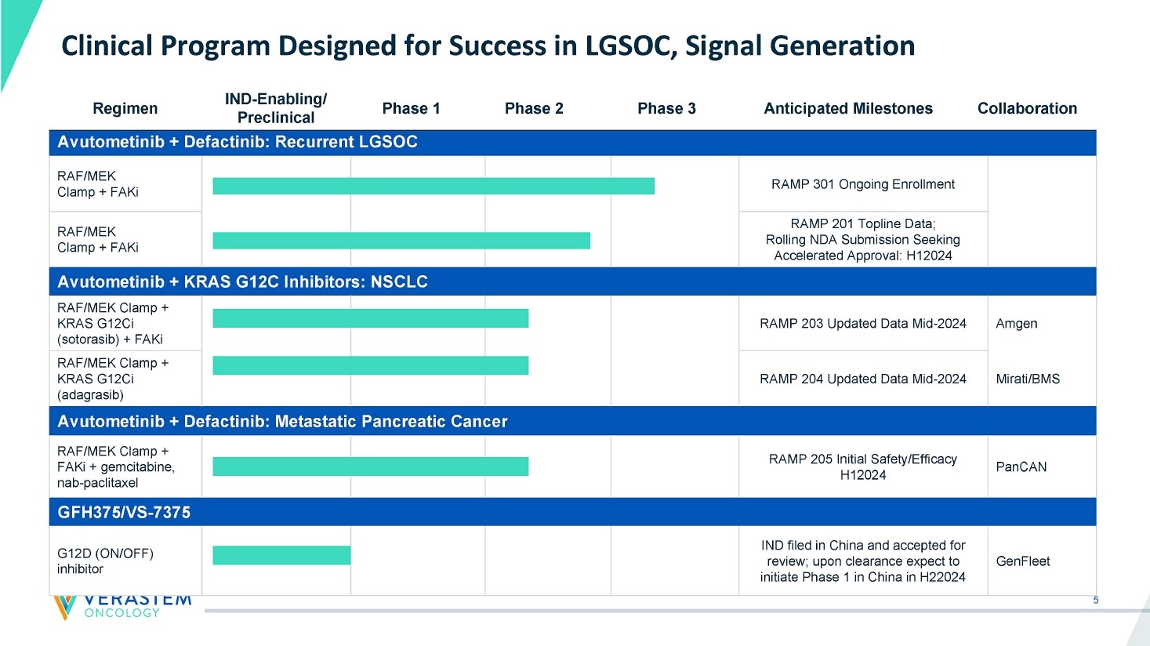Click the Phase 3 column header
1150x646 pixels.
(x=666, y=108)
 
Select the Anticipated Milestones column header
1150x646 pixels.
(x=848, y=108)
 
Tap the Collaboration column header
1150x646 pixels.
(x=1027, y=108)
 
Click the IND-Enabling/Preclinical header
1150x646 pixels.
(x=276, y=108)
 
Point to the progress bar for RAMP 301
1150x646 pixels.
(x=434, y=186)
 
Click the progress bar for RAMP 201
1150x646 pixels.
(x=401, y=241)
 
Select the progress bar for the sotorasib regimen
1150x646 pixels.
(x=371, y=318)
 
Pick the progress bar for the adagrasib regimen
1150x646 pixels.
(x=371, y=365)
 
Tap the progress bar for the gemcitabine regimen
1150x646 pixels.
(x=371, y=466)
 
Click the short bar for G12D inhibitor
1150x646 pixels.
(x=281, y=555)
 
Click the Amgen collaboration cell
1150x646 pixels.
(x=1017, y=323)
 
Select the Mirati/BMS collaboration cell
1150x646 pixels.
(x=1028, y=379)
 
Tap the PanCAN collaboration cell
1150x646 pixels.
(x=1021, y=466)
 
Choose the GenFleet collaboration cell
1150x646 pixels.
(x=1023, y=561)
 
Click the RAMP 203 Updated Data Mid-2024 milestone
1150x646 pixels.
(x=862, y=323)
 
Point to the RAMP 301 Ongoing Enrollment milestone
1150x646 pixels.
(x=862, y=184)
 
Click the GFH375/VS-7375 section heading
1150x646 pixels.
(x=124, y=512)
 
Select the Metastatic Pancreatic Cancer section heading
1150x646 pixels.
(x=282, y=421)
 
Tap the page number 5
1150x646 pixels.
(x=1096, y=601)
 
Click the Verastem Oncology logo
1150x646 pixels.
(x=122, y=606)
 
